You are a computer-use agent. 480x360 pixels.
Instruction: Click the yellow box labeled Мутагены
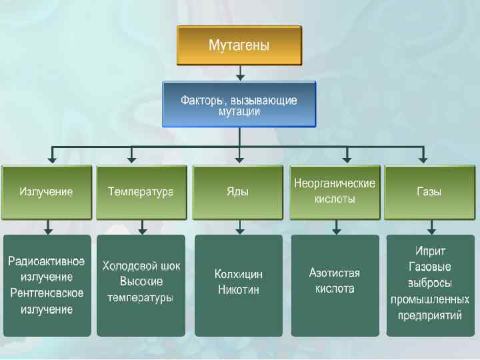click(x=239, y=46)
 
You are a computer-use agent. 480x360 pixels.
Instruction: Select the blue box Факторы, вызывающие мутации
click(x=239, y=105)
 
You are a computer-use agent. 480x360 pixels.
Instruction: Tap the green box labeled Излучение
click(x=46, y=192)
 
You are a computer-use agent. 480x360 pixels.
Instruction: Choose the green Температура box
click(x=141, y=192)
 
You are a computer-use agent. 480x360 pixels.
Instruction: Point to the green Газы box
click(x=429, y=192)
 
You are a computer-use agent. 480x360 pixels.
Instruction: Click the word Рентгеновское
click(x=46, y=293)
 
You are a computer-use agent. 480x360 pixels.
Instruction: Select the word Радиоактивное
click(x=46, y=260)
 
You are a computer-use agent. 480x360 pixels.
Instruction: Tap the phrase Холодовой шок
click(x=141, y=265)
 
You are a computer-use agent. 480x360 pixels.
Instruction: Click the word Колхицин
click(x=239, y=274)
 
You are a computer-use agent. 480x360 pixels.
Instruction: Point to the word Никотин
click(x=239, y=290)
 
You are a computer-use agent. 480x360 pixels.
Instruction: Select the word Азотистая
click(x=335, y=273)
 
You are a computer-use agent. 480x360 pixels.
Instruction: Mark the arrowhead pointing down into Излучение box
click(x=51, y=159)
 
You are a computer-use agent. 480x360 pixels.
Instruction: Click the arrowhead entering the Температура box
click(x=132, y=159)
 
